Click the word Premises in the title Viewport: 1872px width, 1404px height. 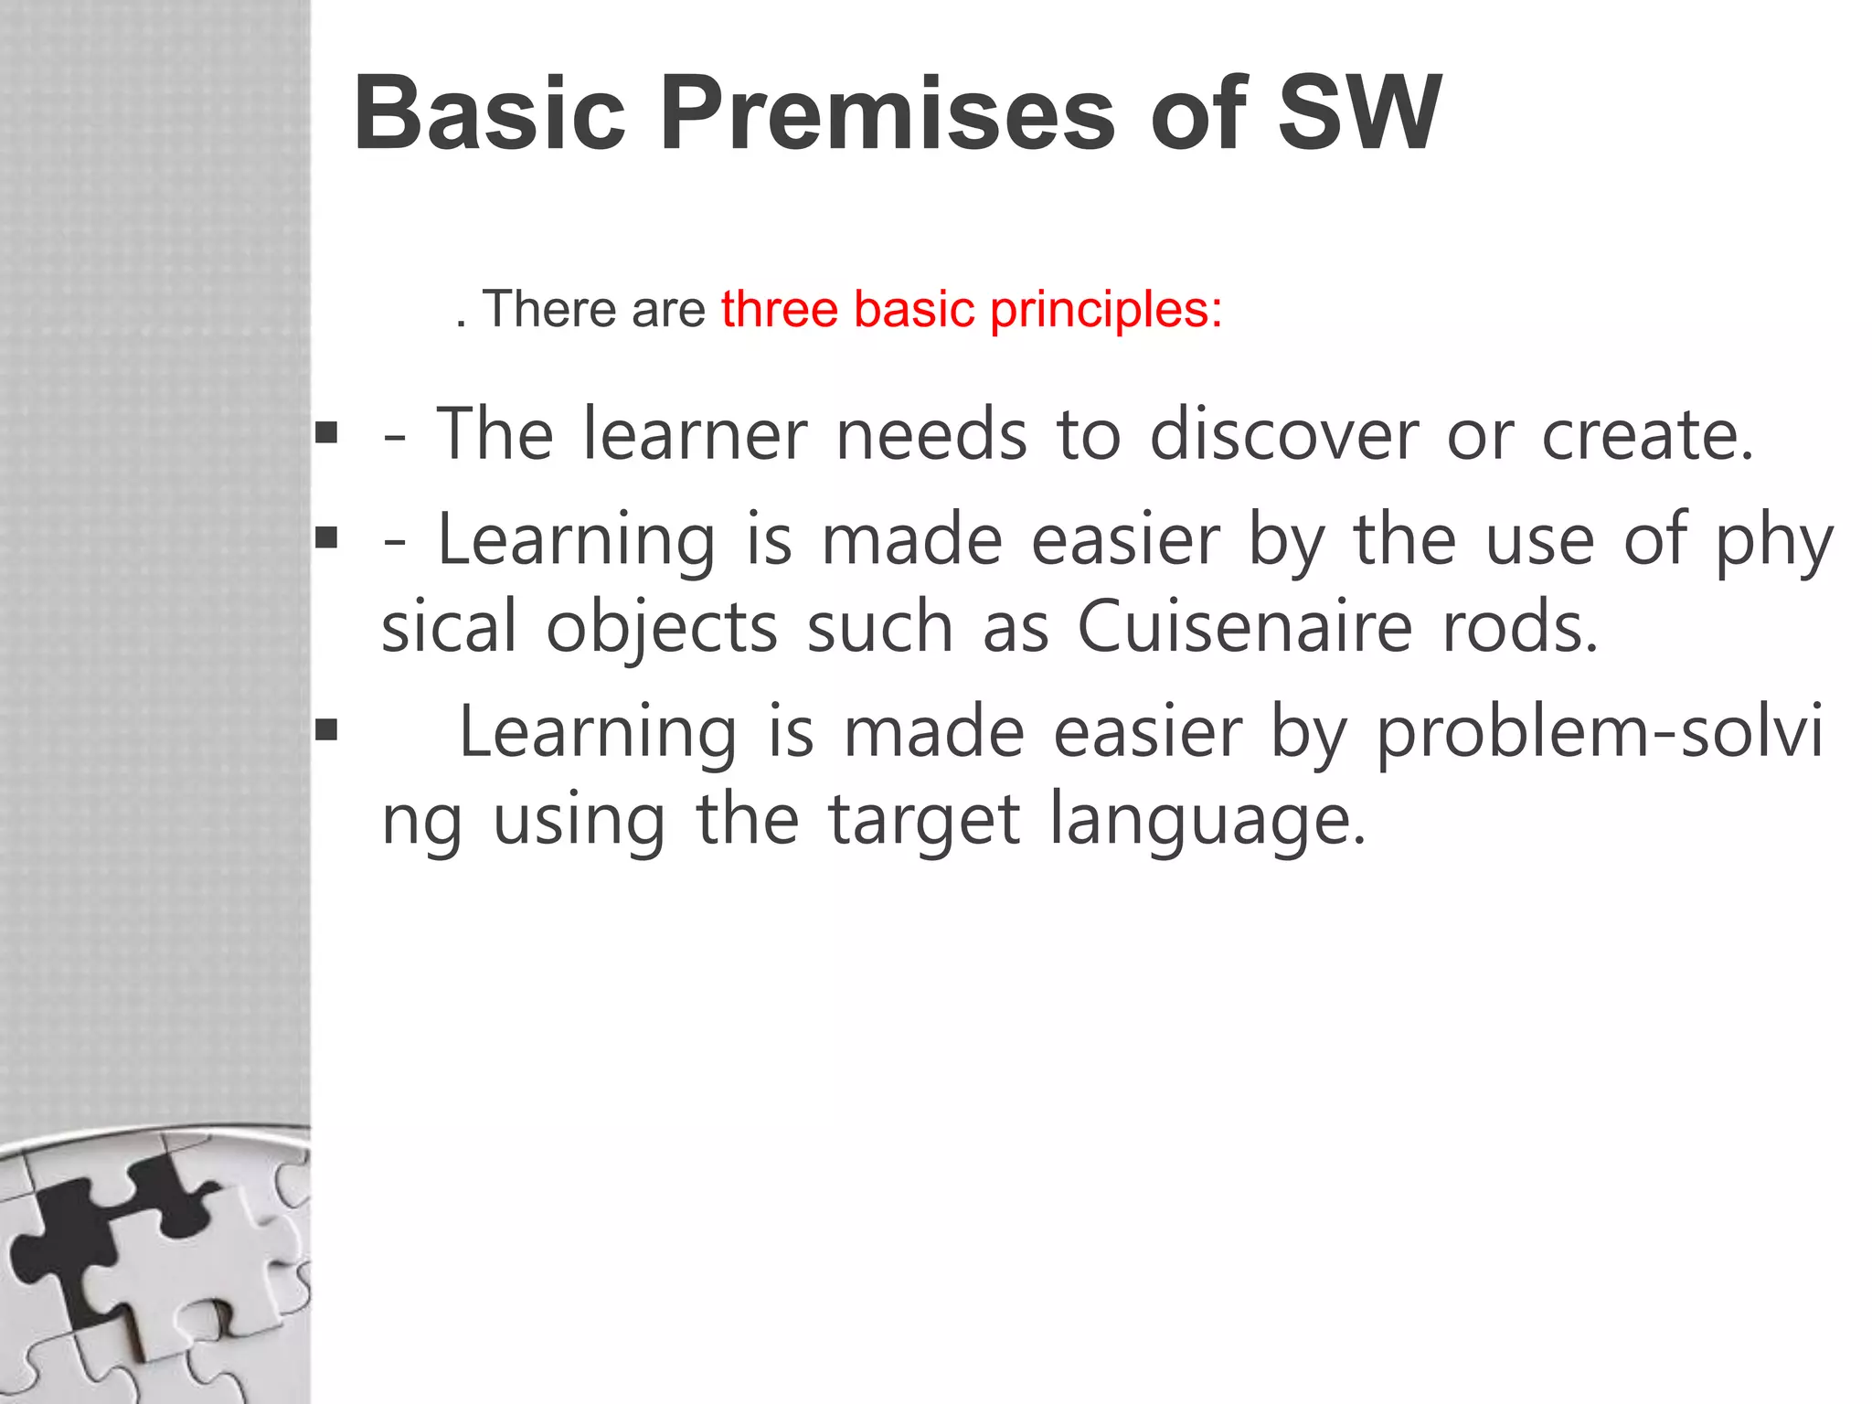(886, 114)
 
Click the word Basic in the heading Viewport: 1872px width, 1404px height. (489, 114)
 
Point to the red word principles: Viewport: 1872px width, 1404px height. (1106, 309)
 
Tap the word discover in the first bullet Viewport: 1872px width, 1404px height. (1283, 435)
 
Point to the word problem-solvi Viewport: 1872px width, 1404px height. (1600, 734)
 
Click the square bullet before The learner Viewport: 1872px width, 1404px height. (326, 431)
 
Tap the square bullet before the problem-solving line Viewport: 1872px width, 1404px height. (326, 729)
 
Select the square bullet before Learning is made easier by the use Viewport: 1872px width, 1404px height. (326, 537)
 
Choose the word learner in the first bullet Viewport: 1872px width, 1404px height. (695, 435)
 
